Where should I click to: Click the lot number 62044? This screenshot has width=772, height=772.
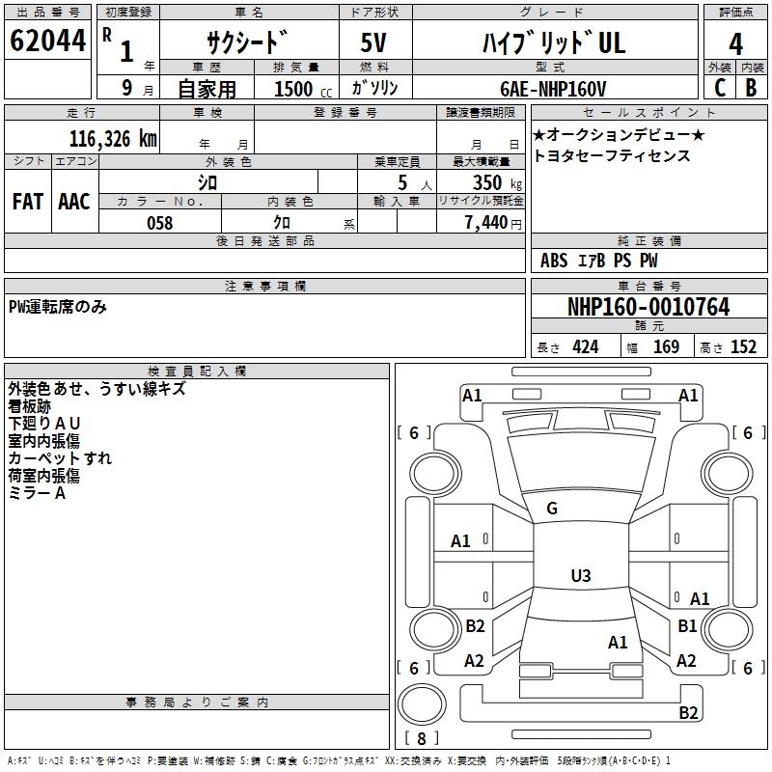coord(46,41)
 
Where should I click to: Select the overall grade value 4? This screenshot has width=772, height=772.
coord(735,44)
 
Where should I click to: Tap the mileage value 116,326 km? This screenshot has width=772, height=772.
coord(113,139)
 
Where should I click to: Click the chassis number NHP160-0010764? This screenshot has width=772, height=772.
coord(648,307)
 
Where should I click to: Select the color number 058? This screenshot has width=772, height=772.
coord(159,223)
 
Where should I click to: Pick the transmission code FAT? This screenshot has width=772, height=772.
coord(27,202)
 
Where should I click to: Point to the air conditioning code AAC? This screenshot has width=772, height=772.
coord(73,202)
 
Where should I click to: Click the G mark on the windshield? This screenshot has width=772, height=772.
coord(552,509)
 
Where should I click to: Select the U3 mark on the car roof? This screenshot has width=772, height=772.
coord(580,576)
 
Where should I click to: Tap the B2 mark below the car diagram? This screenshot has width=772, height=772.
coord(688,713)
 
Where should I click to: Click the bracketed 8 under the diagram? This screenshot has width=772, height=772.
coord(421,739)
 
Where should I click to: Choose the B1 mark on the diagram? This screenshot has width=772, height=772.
coord(687,626)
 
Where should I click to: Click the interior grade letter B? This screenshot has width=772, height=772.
coord(751,88)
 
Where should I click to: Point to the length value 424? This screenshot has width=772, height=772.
coord(585,347)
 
